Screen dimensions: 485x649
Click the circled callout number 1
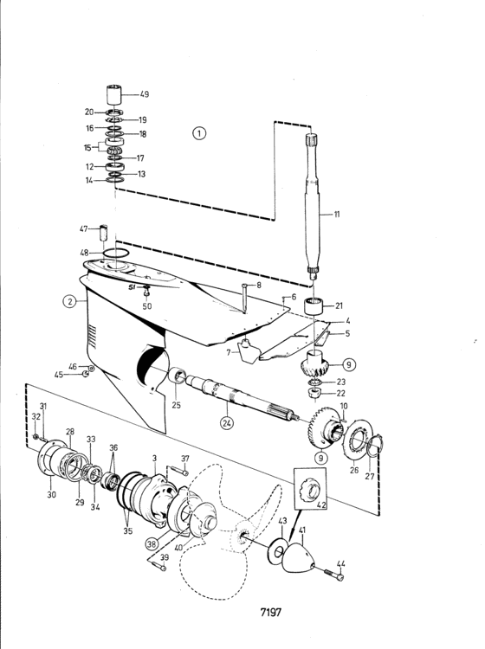[x=199, y=133]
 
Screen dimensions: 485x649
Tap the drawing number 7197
[x=271, y=612]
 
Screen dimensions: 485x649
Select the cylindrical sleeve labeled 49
[x=115, y=95]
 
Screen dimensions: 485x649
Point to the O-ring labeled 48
[x=116, y=253]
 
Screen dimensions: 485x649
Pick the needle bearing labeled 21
[x=314, y=306]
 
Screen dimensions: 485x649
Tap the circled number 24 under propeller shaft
[x=227, y=423]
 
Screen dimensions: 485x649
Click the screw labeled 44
[x=333, y=575]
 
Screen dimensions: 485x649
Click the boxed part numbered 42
[x=310, y=489]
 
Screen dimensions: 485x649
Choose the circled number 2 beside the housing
[x=69, y=301]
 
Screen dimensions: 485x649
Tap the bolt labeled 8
[x=244, y=297]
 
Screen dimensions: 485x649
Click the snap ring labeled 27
[x=376, y=447]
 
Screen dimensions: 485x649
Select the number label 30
[x=51, y=494]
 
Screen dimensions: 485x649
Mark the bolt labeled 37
[x=178, y=471]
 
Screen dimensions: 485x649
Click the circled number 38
[x=152, y=543]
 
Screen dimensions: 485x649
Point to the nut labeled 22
[x=314, y=393]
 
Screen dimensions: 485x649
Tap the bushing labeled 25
[x=178, y=376]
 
